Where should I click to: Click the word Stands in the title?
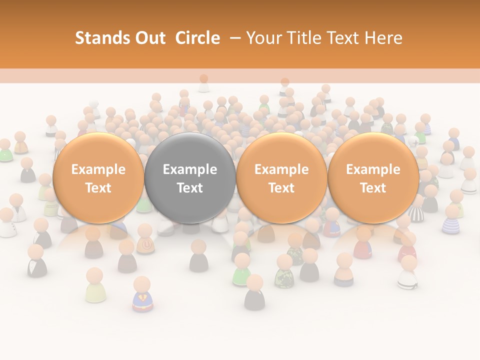101,38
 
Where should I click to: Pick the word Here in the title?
383,38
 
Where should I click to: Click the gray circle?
190,177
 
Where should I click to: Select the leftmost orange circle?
98,177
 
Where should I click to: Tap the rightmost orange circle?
373,177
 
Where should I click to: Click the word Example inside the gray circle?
190,169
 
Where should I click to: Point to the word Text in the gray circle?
190,188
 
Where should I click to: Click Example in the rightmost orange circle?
373,169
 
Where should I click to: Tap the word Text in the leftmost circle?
98,188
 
